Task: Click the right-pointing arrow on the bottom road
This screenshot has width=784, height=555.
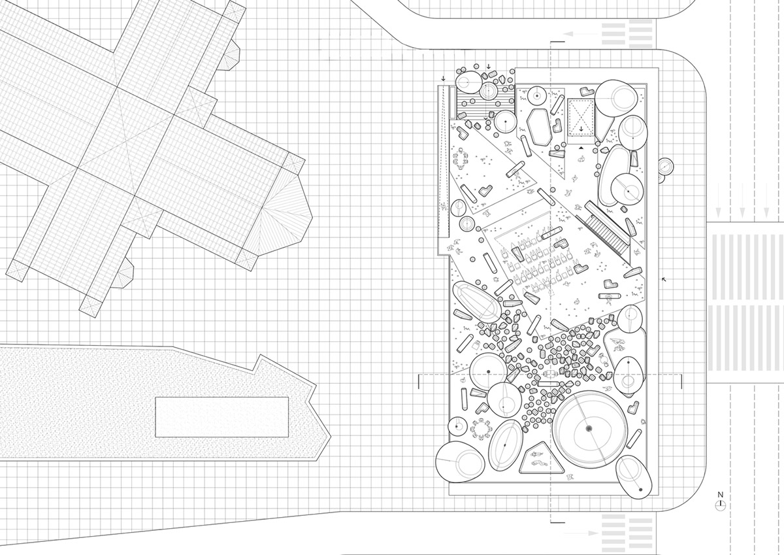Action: click(581, 533)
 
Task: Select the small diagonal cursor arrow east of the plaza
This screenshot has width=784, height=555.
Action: click(664, 279)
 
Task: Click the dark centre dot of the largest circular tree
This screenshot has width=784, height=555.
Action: click(589, 428)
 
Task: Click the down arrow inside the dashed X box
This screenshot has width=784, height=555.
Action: click(581, 129)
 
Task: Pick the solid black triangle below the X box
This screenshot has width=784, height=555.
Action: click(581, 148)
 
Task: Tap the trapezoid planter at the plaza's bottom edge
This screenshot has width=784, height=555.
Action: click(542, 458)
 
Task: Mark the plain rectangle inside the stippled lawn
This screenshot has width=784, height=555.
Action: click(222, 417)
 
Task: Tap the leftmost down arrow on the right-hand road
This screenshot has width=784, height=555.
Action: click(718, 212)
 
